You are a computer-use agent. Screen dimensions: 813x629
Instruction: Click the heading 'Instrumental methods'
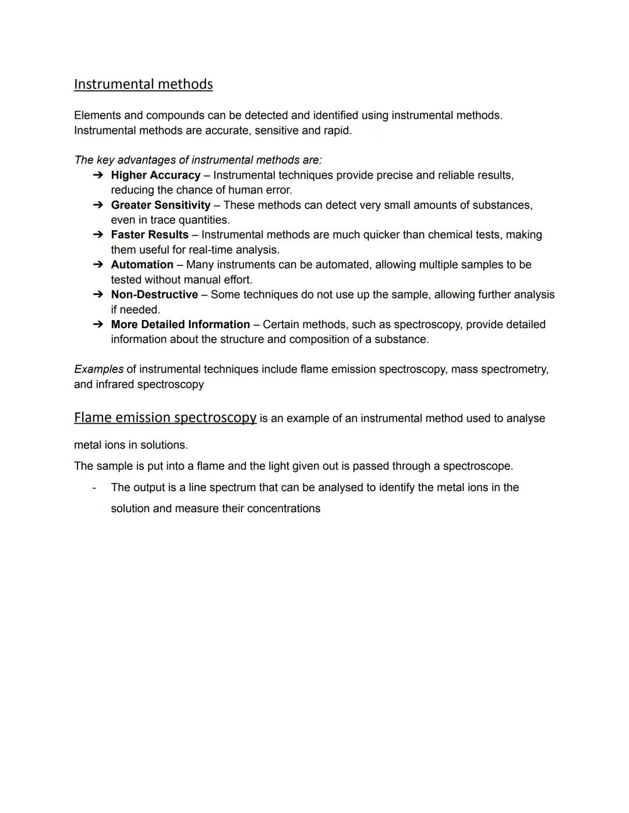click(x=143, y=84)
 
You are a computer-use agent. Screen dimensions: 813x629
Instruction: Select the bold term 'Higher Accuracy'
click(x=156, y=175)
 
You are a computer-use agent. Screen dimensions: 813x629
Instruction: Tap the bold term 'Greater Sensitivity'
click(x=161, y=205)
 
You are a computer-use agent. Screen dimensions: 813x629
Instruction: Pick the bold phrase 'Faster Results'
click(x=150, y=235)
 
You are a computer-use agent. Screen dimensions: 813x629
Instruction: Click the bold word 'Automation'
click(x=142, y=265)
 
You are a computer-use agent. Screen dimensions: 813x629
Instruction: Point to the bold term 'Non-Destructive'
click(x=154, y=294)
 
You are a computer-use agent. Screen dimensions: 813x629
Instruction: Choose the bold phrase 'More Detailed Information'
click(x=181, y=324)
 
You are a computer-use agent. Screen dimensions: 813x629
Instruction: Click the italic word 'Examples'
click(x=98, y=370)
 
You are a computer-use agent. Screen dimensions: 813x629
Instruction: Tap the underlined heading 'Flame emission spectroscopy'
click(x=165, y=418)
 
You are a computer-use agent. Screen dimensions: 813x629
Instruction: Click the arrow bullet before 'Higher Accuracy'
click(x=98, y=175)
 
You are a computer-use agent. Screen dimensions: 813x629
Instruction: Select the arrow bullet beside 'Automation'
click(x=98, y=265)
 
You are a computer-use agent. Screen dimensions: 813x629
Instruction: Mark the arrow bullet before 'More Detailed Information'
click(x=98, y=324)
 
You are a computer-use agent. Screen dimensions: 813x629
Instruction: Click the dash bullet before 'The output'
click(x=94, y=488)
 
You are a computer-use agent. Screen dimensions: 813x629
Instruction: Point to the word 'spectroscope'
click(x=476, y=466)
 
